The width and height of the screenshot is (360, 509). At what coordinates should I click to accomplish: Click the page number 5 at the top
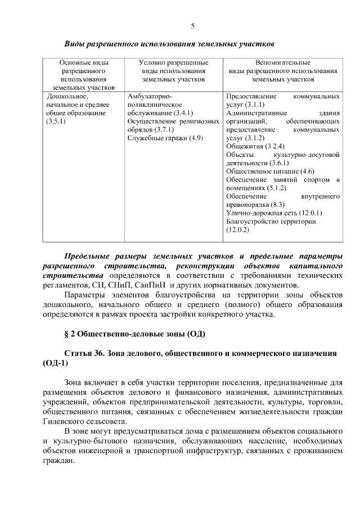193,26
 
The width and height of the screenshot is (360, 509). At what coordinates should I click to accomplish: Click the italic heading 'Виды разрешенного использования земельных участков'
169,43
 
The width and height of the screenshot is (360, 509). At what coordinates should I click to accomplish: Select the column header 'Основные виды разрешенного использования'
84,75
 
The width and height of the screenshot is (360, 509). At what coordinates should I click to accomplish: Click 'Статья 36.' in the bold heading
87,353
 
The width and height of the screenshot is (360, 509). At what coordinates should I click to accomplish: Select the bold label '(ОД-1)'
55,363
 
